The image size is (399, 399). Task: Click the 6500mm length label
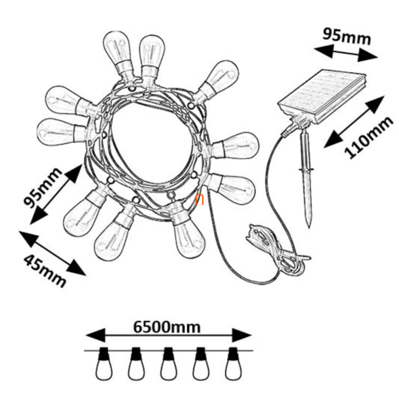(x=167, y=327)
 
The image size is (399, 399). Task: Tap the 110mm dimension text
(x=369, y=137)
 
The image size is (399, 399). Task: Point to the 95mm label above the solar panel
(x=347, y=36)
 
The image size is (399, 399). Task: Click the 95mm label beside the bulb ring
(x=42, y=187)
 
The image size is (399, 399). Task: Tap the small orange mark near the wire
(x=199, y=199)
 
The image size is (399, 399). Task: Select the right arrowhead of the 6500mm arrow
(x=242, y=335)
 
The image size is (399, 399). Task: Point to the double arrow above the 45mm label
(x=52, y=253)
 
